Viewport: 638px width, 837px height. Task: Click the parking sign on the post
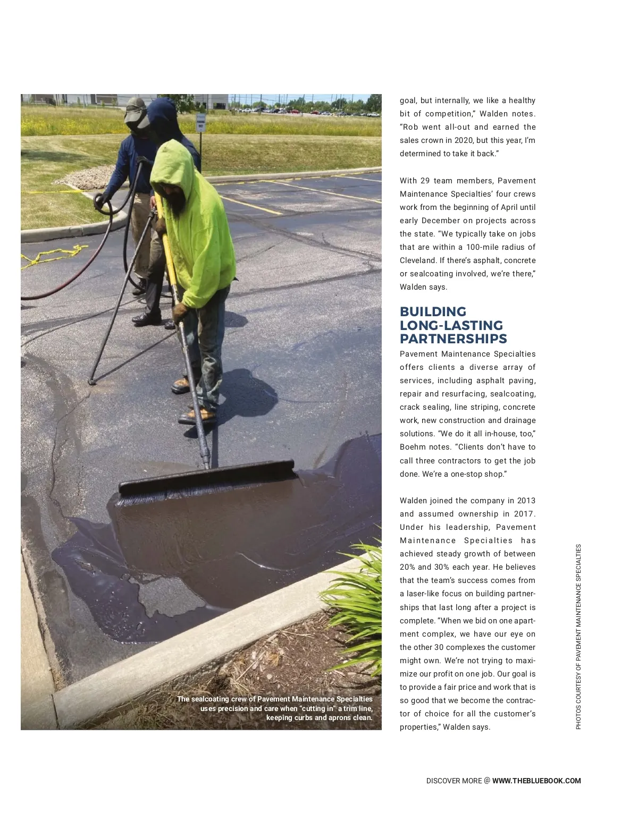pos(201,123)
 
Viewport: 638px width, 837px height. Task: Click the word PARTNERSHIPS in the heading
pos(453,339)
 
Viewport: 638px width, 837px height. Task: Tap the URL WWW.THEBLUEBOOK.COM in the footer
pos(536,781)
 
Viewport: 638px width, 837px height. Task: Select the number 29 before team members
pos(425,181)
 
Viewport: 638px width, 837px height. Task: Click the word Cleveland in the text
pos(415,260)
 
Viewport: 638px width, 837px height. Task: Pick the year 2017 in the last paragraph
pos(525,514)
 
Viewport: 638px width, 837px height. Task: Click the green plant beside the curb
pos(356,595)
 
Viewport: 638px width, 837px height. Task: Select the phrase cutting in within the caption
pos(318,708)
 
